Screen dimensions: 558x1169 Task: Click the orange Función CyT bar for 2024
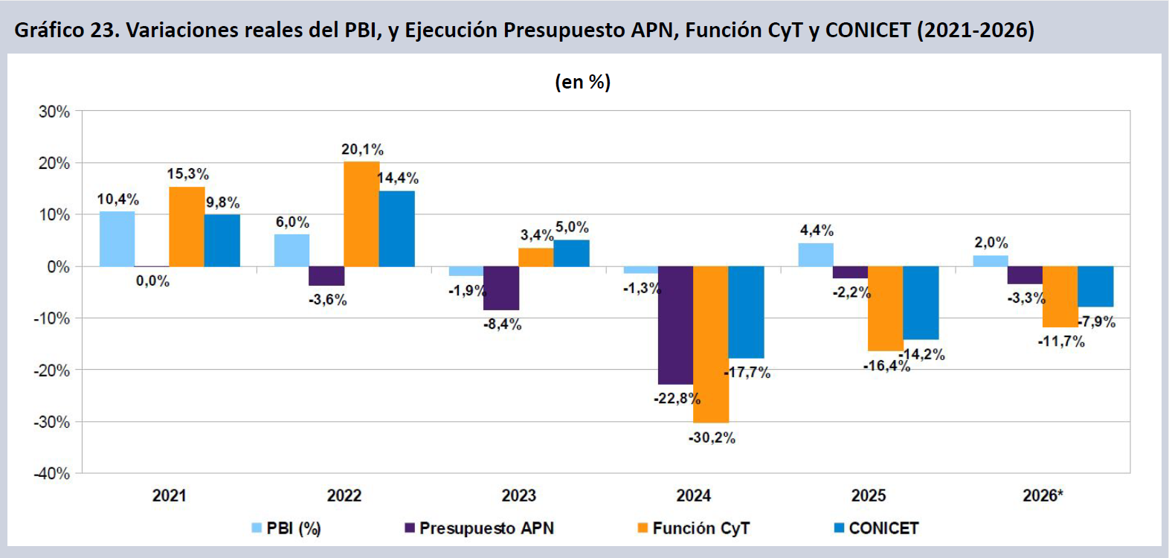click(711, 344)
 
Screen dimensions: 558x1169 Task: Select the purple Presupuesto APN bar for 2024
click(675, 324)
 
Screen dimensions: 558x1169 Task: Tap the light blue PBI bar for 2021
click(117, 239)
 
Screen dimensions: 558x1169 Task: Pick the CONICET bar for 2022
click(397, 228)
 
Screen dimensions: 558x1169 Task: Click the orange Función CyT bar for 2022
click(361, 214)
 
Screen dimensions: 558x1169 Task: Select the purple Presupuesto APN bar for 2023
click(501, 288)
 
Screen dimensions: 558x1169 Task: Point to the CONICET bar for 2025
click(921, 303)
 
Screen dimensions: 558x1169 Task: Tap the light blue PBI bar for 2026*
click(991, 261)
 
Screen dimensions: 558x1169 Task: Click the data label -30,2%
click(712, 438)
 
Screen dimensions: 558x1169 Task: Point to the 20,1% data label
click(362, 150)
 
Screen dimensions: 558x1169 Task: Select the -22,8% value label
click(677, 399)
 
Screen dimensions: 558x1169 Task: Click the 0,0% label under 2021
click(152, 281)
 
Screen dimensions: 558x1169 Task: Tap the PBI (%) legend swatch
click(257, 528)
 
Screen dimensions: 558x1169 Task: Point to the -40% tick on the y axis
click(51, 474)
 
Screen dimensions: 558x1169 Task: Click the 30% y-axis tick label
click(54, 112)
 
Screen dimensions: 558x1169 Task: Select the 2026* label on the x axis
click(1043, 496)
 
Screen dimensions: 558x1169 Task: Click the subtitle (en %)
click(582, 82)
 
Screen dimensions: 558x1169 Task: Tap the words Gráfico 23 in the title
click(63, 30)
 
